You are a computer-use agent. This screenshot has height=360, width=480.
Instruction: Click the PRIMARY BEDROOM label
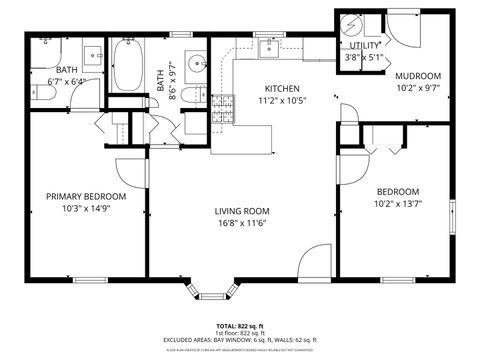click(x=84, y=196)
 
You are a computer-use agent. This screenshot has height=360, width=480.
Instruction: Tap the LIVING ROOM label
click(x=243, y=210)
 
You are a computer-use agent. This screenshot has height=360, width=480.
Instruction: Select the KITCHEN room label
click(x=283, y=88)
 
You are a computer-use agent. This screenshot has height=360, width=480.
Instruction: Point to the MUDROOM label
click(x=418, y=76)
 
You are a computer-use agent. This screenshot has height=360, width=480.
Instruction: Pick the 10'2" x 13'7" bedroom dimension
click(x=398, y=204)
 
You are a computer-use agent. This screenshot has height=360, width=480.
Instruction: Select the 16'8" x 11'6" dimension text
click(x=243, y=223)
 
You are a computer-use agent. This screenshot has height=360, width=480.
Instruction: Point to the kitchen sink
click(x=269, y=46)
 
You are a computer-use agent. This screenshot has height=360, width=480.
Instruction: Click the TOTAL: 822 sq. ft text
click(x=240, y=327)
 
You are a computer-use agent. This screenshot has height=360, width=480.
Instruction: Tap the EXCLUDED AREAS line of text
click(x=240, y=341)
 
